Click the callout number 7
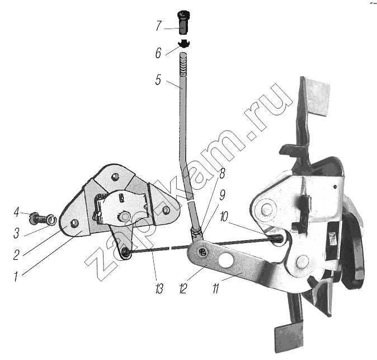158,26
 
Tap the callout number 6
158,53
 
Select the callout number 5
158,80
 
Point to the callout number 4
16,212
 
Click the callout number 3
16,233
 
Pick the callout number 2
16,255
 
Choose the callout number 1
16,277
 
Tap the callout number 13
159,288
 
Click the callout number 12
183,288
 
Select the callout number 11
216,288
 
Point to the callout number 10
224,217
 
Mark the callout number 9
222,195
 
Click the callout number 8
222,173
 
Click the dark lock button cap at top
183,22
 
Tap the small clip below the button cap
184,43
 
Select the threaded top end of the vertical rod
183,64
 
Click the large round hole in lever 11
226,260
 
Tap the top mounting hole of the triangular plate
115,177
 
